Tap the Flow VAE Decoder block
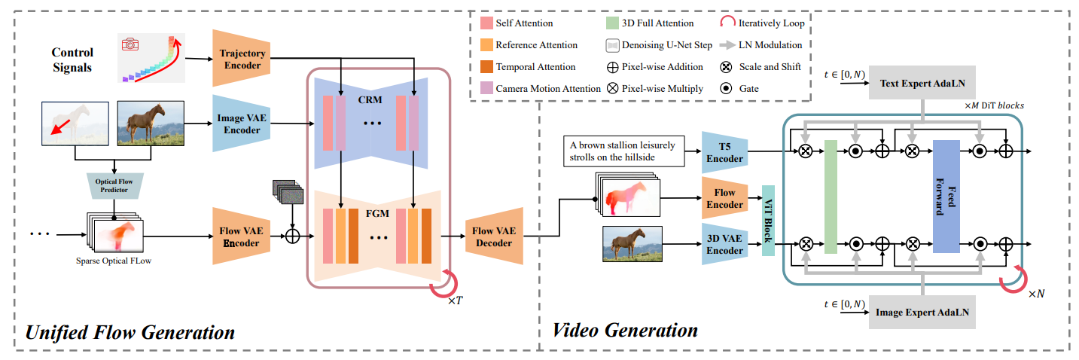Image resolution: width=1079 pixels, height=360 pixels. point(494,236)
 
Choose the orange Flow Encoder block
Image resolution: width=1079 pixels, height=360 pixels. point(724,199)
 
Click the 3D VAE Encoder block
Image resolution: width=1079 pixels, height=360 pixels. point(724,244)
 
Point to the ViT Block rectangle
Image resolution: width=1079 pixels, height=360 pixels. point(767,220)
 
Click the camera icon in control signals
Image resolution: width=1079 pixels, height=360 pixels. point(131,44)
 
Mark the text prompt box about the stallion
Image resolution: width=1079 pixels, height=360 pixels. point(624,151)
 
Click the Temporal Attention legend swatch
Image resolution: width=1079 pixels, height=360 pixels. point(486,67)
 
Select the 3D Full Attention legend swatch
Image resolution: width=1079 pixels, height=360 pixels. point(612,23)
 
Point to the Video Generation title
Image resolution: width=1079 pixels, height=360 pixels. point(625,330)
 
